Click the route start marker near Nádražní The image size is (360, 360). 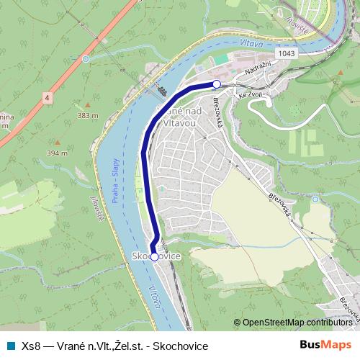click(x=217, y=84)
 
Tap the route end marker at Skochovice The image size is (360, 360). click(x=153, y=256)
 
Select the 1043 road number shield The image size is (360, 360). click(x=284, y=53)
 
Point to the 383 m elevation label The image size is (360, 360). click(x=87, y=115)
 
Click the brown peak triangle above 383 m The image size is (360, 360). click(x=87, y=107)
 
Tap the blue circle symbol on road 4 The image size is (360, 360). click(x=86, y=59)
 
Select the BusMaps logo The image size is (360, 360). click(x=325, y=346)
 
